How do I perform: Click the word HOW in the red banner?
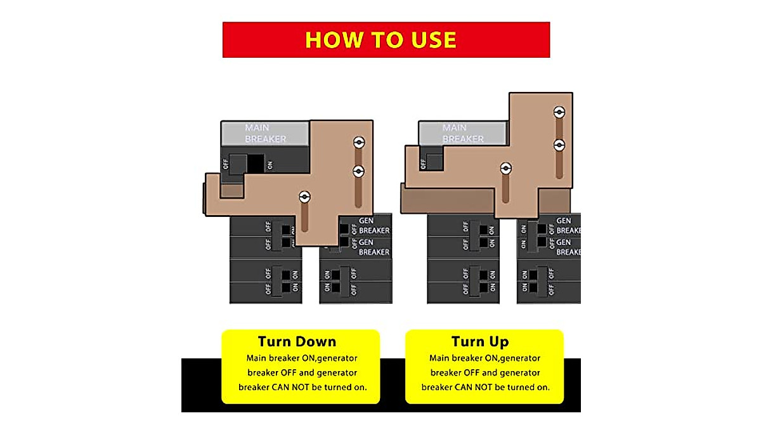tap(330, 40)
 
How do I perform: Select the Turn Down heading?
tap(297, 341)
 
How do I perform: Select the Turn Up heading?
tap(481, 341)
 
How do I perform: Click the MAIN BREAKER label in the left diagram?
tap(265, 133)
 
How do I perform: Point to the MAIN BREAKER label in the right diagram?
tap(462, 133)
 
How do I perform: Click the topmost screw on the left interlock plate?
tap(358, 142)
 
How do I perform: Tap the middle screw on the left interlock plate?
tap(358, 171)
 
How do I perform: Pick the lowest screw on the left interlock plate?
tap(305, 197)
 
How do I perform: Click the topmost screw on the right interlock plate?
tap(559, 113)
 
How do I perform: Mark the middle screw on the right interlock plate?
tap(559, 145)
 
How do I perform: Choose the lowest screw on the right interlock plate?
tap(505, 169)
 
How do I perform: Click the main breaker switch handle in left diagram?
tap(238, 164)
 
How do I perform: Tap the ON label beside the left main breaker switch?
tap(270, 165)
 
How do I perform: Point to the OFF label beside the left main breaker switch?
tap(225, 164)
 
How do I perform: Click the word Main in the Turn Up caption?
tap(439, 358)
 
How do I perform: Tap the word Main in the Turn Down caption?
tap(256, 358)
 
